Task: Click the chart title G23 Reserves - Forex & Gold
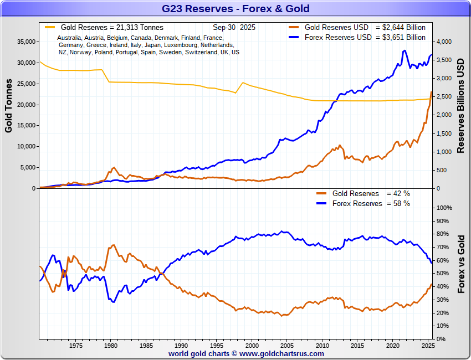235,8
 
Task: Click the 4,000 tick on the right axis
445,42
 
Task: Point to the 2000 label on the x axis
252,346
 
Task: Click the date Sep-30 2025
234,27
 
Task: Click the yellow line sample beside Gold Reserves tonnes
50,27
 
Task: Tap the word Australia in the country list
70,38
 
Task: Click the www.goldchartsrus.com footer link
281,353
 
